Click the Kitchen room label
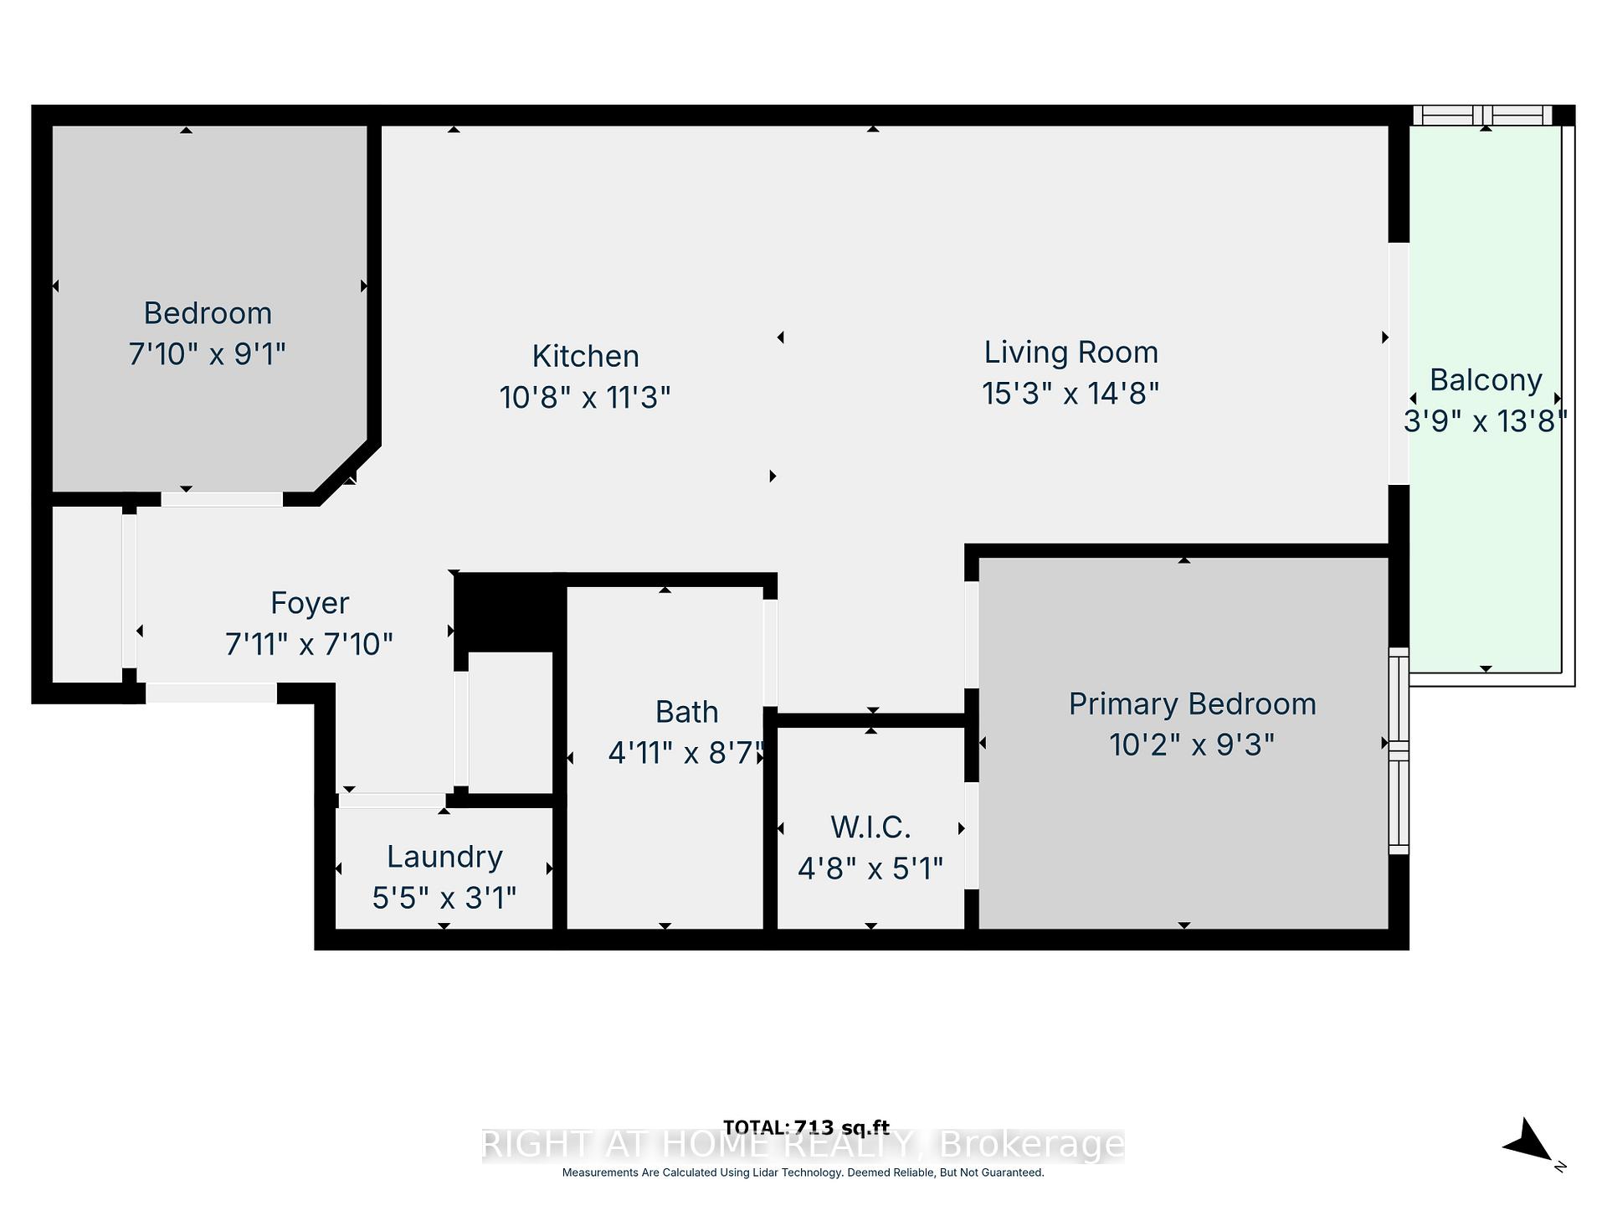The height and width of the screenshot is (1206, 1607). coord(585,356)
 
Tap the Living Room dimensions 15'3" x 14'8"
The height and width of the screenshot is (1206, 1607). coord(1070,393)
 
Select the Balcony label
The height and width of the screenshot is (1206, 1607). coord(1486,380)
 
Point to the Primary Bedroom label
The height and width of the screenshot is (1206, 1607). coord(1192,704)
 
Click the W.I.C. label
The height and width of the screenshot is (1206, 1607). coord(870,827)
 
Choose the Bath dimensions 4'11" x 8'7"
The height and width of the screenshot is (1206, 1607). coord(686,753)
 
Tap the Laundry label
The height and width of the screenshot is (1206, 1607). coord(444,857)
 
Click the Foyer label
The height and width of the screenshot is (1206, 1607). coord(310,603)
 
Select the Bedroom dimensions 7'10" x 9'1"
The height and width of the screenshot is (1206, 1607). coord(207,354)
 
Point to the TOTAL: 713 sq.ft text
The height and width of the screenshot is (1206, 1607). coord(805,1127)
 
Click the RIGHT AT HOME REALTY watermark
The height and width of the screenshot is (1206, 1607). coord(803,1145)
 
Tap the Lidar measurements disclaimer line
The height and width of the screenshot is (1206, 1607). coord(803,1172)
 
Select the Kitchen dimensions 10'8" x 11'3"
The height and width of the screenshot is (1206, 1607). coord(585,397)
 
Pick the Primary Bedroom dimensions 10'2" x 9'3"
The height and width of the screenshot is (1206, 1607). coord(1192,744)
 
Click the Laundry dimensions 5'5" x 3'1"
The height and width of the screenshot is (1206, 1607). coord(444,898)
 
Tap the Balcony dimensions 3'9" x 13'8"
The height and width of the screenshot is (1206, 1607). coord(1485,420)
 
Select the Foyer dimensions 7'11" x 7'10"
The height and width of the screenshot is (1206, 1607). coord(309,644)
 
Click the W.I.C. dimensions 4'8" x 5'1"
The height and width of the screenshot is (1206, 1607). coord(870,868)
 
